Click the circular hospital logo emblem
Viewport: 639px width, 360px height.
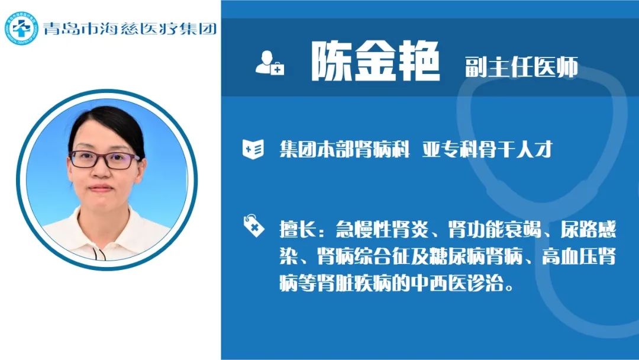[21, 28]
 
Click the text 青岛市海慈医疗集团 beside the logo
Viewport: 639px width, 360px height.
[130, 28]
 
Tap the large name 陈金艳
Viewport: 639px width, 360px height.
[376, 62]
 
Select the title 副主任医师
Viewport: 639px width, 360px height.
[522, 67]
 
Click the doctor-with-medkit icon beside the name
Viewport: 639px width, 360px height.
[270, 63]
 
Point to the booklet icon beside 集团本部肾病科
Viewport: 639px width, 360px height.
[253, 149]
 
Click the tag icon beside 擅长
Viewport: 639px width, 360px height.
[253, 226]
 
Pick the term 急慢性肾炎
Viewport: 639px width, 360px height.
[382, 229]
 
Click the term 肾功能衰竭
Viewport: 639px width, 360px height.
[495, 229]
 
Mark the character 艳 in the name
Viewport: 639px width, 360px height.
[419, 62]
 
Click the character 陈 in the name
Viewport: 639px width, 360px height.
[331, 62]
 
